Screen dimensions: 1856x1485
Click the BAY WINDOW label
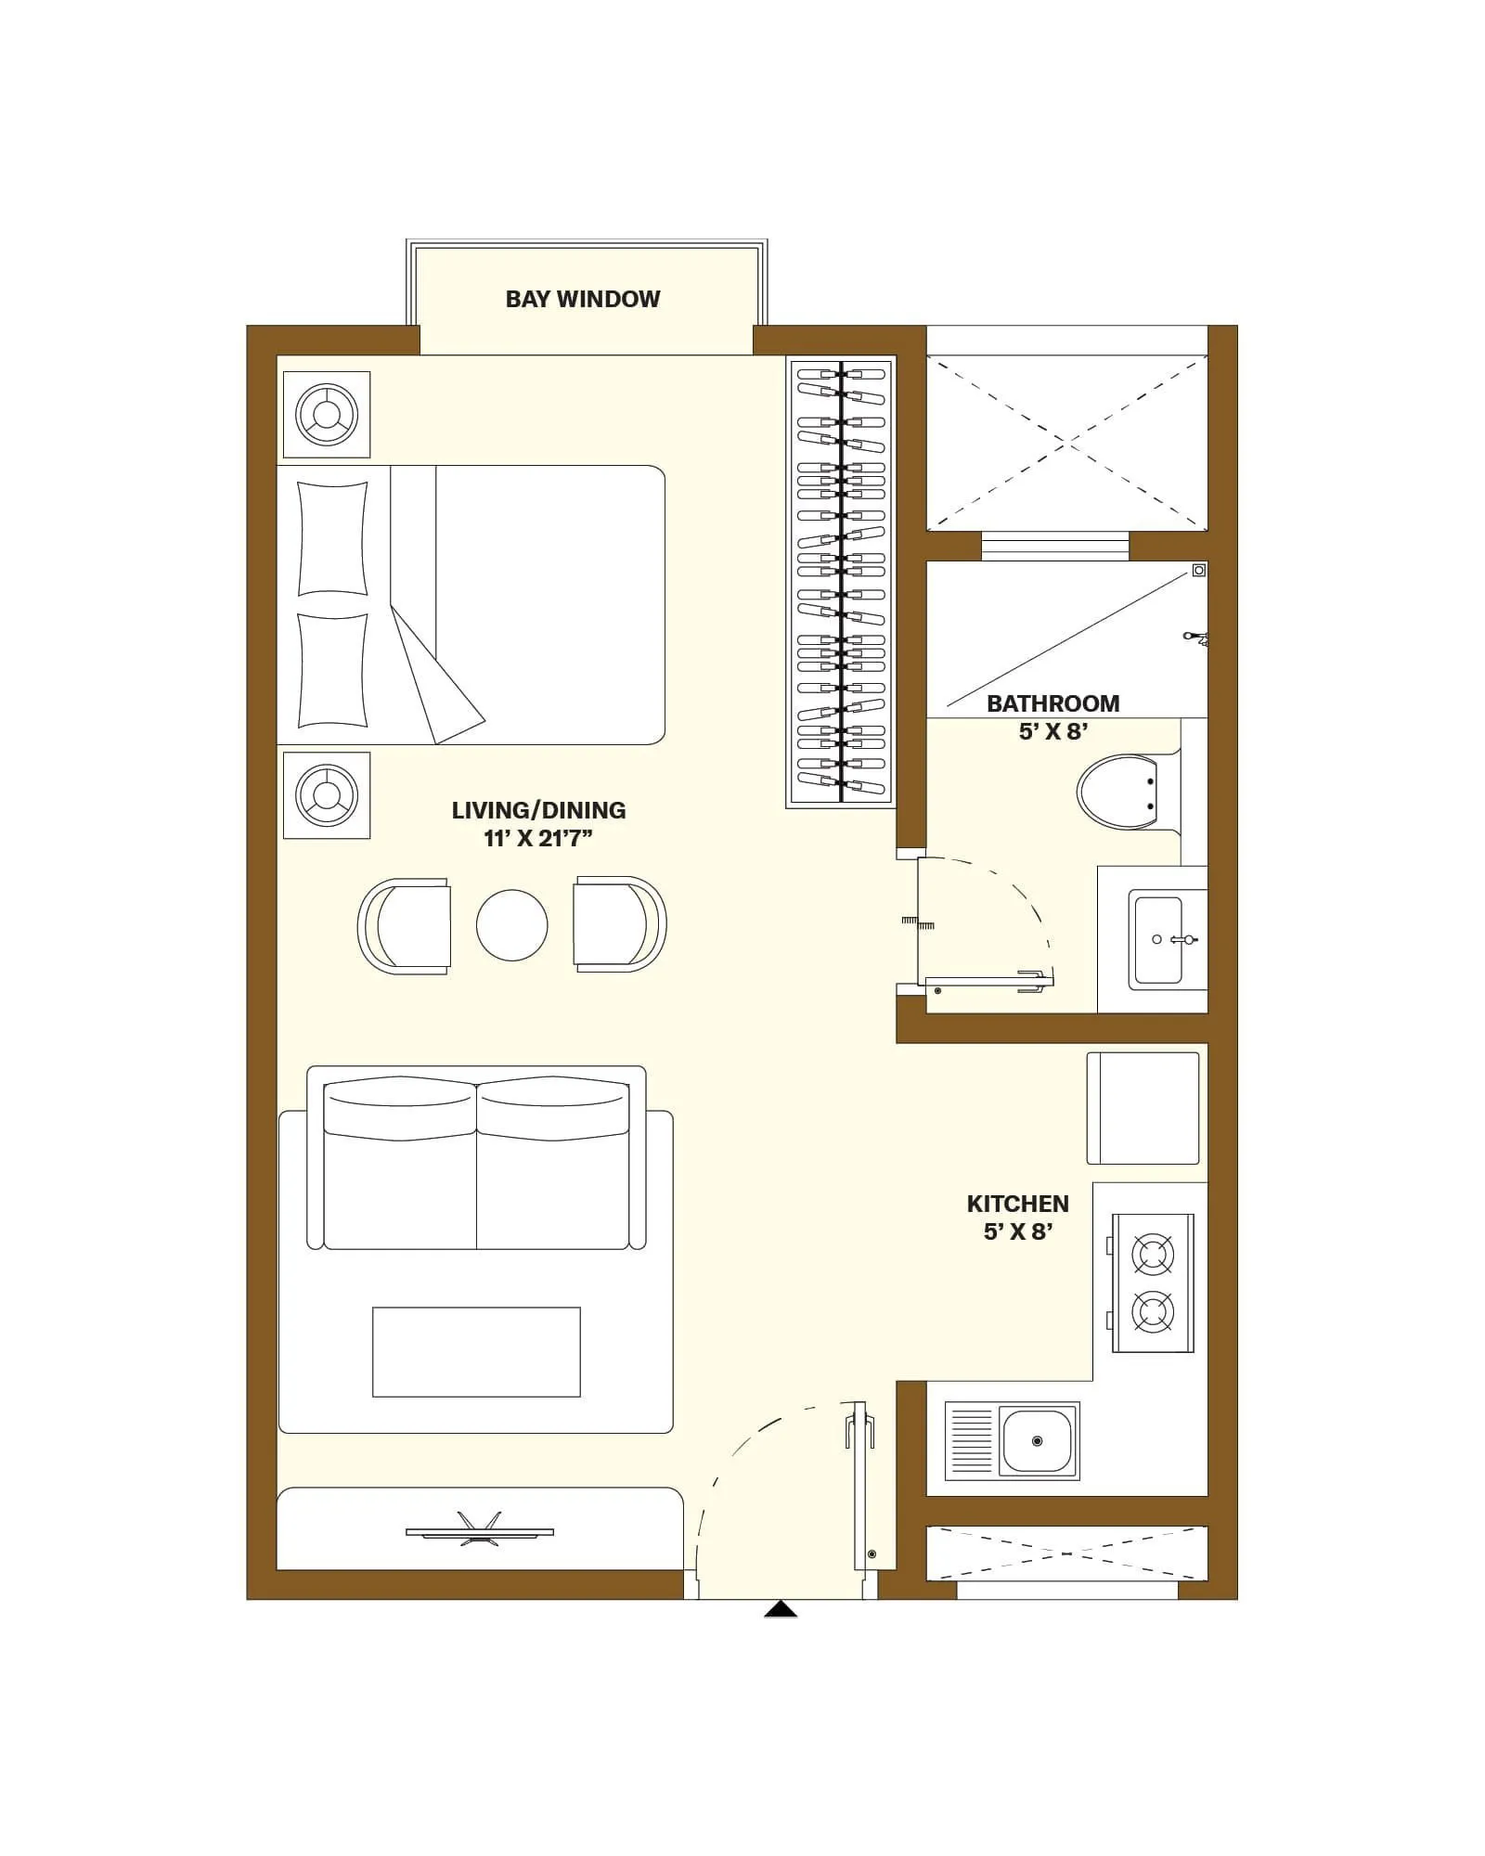(582, 299)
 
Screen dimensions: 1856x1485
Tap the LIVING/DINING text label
(538, 810)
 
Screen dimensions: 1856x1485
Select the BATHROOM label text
(1052, 703)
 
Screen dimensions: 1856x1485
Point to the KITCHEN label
(1017, 1204)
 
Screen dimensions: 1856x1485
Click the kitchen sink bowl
(1037, 1441)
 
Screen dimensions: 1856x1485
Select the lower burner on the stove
(1152, 1311)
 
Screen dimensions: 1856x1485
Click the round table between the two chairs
(511, 925)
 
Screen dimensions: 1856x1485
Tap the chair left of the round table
(405, 925)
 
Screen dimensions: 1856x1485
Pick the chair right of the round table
(619, 924)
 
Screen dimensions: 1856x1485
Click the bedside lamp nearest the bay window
(326, 414)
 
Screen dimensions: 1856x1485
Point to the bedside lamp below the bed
(326, 795)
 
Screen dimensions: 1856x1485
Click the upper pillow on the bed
(332, 538)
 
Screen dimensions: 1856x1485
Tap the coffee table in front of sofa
(476, 1352)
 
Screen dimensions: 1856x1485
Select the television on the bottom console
(479, 1532)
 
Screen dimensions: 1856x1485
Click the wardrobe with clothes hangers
(841, 583)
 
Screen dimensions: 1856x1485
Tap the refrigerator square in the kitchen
(1143, 1108)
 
